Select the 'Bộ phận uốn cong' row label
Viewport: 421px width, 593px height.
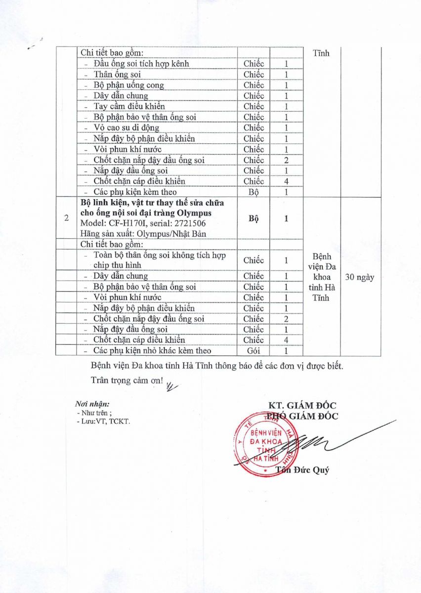(128, 85)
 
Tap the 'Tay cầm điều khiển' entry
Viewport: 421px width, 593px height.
(129, 106)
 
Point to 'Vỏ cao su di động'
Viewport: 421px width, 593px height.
(126, 127)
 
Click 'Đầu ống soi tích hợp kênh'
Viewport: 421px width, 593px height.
(141, 63)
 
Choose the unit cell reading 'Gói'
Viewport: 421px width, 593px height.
(253, 350)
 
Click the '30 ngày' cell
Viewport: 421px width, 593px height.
(360, 277)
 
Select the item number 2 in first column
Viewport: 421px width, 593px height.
(67, 218)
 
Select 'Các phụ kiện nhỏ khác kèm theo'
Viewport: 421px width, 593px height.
(152, 350)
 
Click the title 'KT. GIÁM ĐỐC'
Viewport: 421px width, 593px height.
(301, 406)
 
